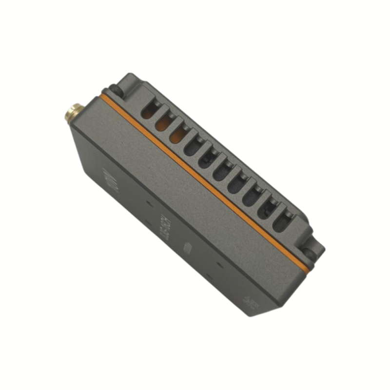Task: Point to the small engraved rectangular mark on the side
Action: [188, 247]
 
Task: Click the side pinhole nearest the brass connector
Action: [148, 200]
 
